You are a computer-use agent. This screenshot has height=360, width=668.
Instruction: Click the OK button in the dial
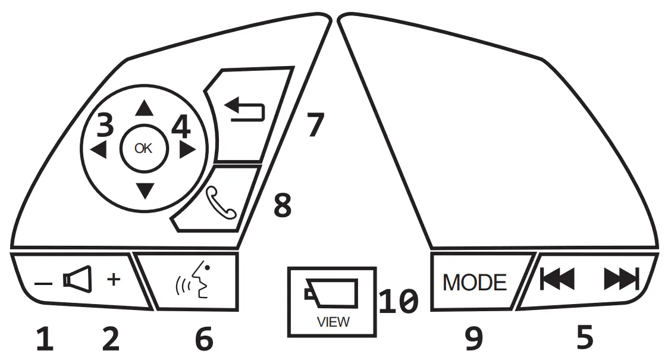coord(143,149)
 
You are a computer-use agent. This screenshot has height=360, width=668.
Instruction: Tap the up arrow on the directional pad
coord(143,108)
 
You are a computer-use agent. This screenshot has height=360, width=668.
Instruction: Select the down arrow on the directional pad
coord(144,190)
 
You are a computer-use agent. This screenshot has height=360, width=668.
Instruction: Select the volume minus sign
coord(43,284)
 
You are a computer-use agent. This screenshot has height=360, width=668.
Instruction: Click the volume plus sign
coord(114,280)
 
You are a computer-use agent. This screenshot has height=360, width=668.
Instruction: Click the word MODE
coord(475,282)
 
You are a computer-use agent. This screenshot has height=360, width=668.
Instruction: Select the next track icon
coord(620,278)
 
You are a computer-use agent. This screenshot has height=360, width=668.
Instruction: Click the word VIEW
coord(333,323)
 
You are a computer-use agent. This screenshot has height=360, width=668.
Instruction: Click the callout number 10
coord(399,302)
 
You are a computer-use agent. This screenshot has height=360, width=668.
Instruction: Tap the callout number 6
coord(203,339)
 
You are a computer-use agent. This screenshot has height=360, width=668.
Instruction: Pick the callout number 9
coord(473,339)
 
